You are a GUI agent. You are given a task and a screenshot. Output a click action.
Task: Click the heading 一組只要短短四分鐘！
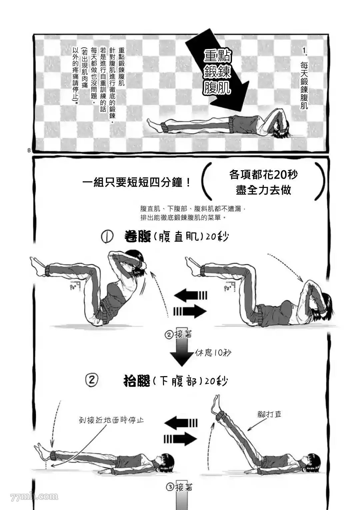[x=137, y=183]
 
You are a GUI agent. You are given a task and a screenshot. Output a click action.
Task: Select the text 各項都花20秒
[x=263, y=175]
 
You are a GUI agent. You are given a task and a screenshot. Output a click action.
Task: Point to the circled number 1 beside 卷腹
[x=108, y=237]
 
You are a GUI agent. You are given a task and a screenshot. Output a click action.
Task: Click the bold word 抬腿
[x=137, y=380]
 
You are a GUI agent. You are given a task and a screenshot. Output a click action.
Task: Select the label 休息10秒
[x=213, y=352]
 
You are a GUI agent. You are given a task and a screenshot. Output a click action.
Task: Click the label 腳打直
[x=269, y=414]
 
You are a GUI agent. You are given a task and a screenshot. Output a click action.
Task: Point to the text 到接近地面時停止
[x=111, y=420]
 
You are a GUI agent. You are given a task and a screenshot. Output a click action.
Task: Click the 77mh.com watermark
[x=34, y=496]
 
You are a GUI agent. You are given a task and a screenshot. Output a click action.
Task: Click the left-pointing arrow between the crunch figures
[x=191, y=295]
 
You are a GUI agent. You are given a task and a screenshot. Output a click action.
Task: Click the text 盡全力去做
[x=263, y=190]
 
